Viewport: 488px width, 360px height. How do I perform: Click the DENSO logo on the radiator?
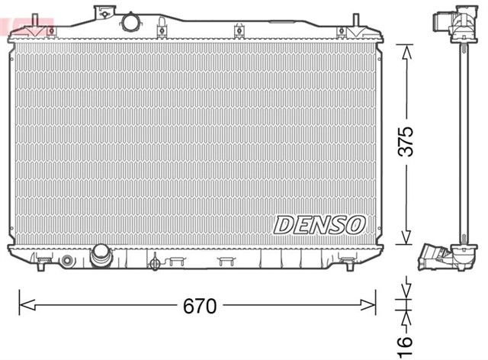pyautogui.click(x=319, y=224)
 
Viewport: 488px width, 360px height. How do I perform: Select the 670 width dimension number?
pyautogui.click(x=200, y=307)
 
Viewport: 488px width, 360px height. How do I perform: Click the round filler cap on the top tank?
pyautogui.click(x=131, y=22)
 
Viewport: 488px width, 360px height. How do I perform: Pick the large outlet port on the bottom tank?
pyautogui.click(x=101, y=256)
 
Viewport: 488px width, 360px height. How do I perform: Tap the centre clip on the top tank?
pyautogui.click(x=239, y=31)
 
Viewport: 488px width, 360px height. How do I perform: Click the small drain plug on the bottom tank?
pyautogui.click(x=156, y=263)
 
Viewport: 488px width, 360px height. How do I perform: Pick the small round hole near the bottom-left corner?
pyautogui.click(x=67, y=262)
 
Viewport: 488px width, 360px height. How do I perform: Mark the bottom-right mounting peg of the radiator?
pyautogui.click(x=348, y=263)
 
